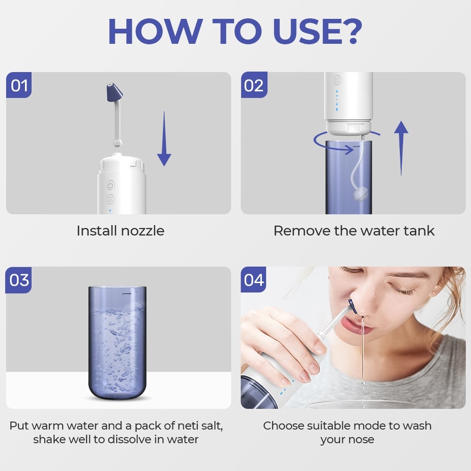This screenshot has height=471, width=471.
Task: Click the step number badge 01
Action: [x=19, y=85]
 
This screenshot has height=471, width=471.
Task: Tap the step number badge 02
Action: [x=254, y=85]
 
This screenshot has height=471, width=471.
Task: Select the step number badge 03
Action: [x=19, y=280]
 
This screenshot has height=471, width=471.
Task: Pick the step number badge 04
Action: [x=254, y=280]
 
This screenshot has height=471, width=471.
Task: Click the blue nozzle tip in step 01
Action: [x=113, y=93]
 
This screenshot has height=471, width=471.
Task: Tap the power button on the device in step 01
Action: [x=110, y=185]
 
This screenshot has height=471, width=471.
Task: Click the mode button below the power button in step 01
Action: [x=110, y=200]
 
